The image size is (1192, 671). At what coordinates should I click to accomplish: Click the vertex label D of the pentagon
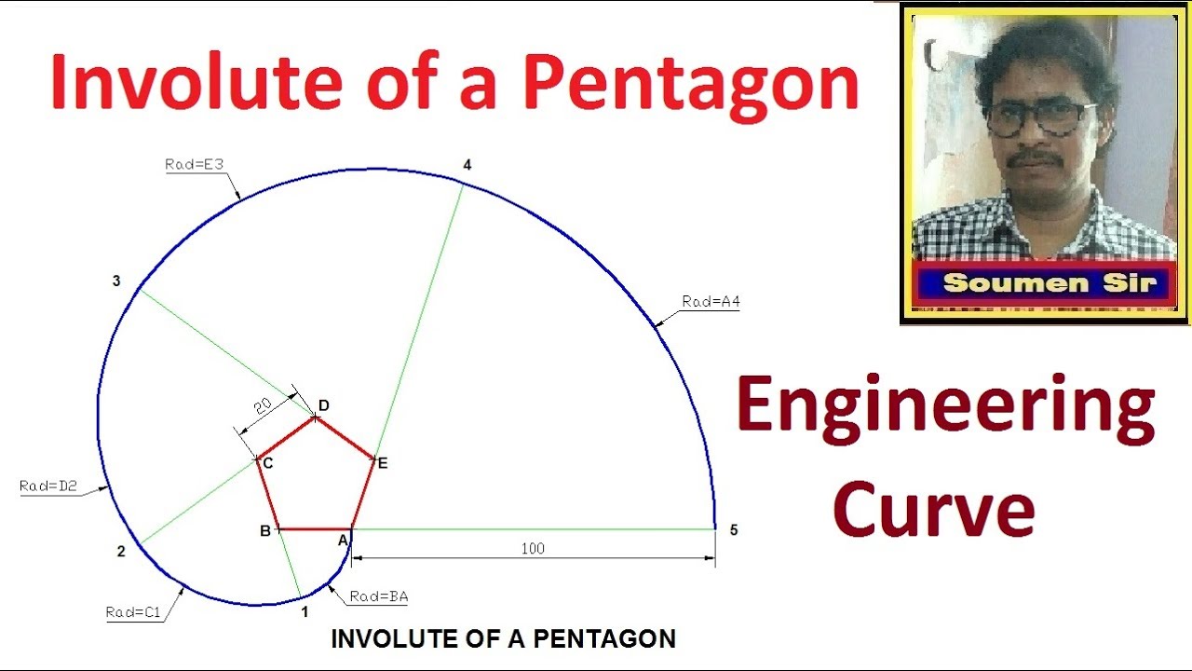tap(324, 405)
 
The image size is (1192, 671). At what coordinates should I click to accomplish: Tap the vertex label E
tap(382, 463)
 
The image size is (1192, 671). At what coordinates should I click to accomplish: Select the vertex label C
tap(267, 463)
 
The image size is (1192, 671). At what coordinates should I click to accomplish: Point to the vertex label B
tap(265, 531)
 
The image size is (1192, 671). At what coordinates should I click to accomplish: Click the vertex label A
tap(342, 540)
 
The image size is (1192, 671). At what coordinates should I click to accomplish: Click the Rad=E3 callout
tap(195, 165)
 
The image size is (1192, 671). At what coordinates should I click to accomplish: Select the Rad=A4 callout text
tap(711, 302)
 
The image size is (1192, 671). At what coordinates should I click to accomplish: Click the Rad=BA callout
tap(379, 597)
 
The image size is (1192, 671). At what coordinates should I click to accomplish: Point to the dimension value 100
tap(533, 549)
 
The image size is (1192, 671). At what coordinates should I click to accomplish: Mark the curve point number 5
tap(734, 530)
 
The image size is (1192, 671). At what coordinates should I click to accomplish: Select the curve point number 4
tap(467, 165)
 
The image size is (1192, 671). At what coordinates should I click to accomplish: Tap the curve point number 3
tap(116, 281)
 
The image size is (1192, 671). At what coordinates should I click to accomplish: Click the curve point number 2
tap(121, 552)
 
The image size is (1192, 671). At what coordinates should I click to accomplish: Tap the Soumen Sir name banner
tap(1049, 283)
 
